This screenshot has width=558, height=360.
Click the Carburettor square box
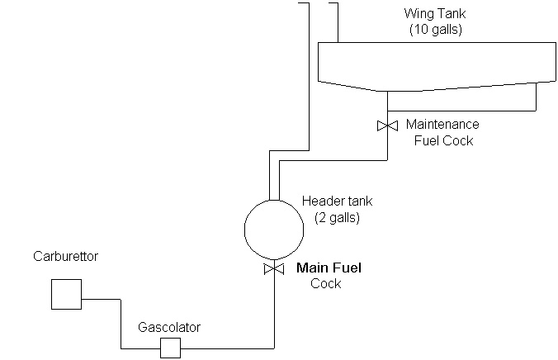point(66,294)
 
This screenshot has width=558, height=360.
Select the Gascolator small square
point(170,348)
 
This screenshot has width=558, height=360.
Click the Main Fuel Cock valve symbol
point(273,270)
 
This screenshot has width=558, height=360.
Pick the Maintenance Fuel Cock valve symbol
point(387,126)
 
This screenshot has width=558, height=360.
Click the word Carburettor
point(66,257)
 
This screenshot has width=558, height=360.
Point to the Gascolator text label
point(169,327)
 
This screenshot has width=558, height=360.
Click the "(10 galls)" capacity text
point(435,29)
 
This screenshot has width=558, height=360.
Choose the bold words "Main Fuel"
point(329,268)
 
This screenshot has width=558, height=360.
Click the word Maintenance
point(442,124)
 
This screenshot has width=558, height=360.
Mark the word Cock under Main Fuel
point(325,283)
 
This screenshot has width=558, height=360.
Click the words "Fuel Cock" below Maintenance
point(443,140)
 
